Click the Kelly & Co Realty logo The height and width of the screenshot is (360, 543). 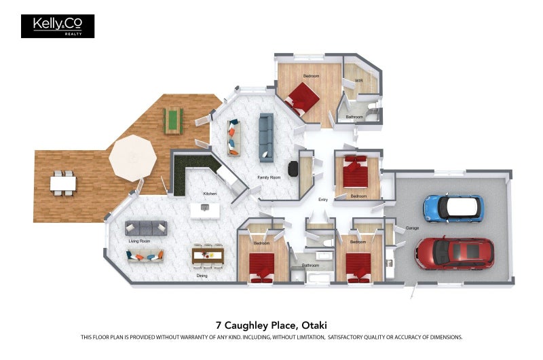pos(58,26)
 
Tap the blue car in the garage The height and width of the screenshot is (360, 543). pos(453,209)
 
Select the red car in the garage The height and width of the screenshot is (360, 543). pos(455,253)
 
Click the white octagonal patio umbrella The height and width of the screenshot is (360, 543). pos(132,158)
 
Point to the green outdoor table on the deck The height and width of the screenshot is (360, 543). pos(173,121)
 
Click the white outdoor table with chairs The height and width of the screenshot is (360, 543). pos(63,183)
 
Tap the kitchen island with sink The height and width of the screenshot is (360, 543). pos(205,211)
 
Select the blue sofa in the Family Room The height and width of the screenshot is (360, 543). pos(266,138)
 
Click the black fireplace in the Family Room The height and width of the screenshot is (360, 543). pos(293,168)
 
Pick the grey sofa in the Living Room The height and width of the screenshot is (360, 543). pos(146,228)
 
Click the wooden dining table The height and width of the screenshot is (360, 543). pos(208,255)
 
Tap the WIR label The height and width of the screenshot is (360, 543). pos(359,81)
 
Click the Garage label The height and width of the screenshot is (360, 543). pos(412,228)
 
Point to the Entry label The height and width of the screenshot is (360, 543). pos(323,200)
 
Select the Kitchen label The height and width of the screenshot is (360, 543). pos(210,194)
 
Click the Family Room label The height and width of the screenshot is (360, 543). pos(269,177)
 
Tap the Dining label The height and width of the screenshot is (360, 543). pos(202,276)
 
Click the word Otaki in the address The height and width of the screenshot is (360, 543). pos(314,325)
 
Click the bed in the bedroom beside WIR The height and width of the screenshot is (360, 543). pos(302,98)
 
